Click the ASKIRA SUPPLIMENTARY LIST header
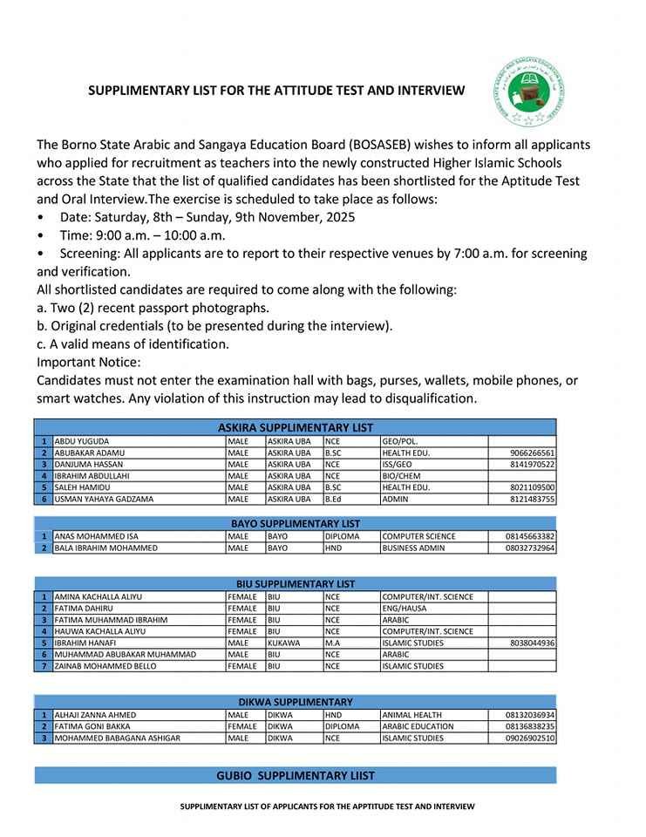click(295, 427)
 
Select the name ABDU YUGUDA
click(81, 442)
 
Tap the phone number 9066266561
click(532, 453)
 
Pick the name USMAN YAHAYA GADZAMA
click(104, 499)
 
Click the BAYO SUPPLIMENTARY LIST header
click(295, 523)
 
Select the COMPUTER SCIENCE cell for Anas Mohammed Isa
click(418, 536)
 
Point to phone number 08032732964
click(530, 548)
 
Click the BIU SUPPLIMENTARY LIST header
click(295, 583)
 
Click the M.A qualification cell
click(334, 643)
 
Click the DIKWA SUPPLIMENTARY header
click(295, 702)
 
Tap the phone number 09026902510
click(530, 738)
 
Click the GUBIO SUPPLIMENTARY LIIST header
click(295, 775)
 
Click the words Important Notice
click(88, 362)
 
